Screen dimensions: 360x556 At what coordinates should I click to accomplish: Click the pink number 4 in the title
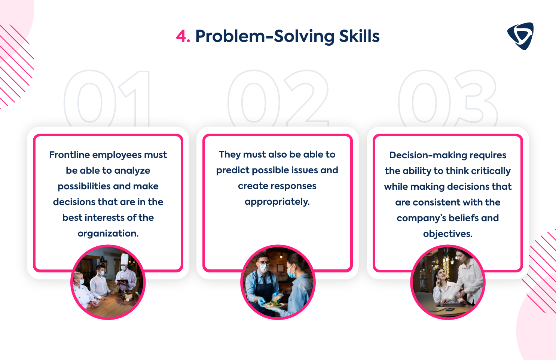pos(182,36)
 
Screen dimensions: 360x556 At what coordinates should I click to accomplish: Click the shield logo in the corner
pos(520,36)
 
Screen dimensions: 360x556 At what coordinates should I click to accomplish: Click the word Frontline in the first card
pos(70,155)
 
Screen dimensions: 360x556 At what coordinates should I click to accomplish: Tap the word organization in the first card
pos(108,234)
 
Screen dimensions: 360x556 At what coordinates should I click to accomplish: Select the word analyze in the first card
pos(132,171)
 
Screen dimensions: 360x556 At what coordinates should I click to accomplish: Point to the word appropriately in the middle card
pos(277,202)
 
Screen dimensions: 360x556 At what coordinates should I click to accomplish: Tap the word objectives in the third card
pos(447,234)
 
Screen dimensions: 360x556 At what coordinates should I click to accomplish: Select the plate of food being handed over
pos(272,305)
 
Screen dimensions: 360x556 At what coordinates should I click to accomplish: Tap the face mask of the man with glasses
pos(264,268)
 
